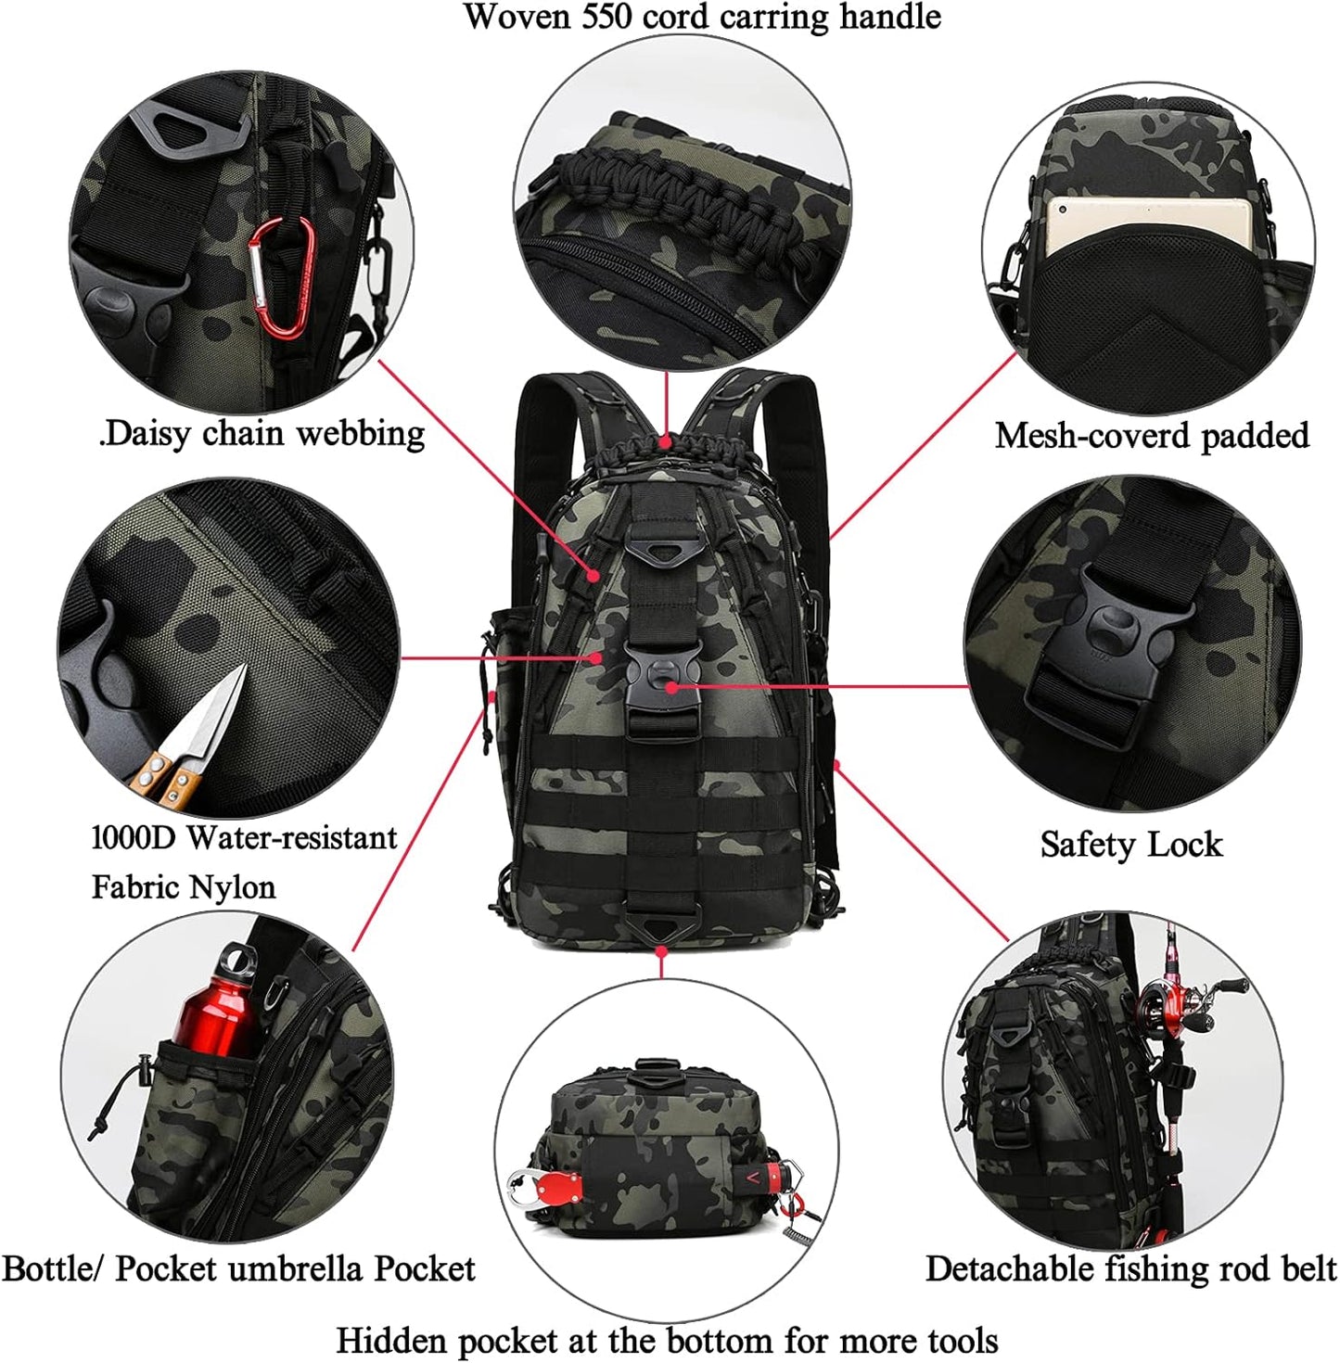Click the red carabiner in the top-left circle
coord(281,278)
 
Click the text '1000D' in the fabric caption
coord(134,838)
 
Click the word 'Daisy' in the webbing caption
coord(149,433)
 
